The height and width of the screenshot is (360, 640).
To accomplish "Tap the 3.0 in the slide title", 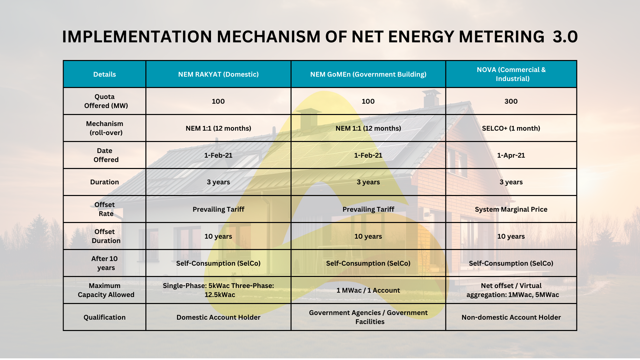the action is [x=565, y=37].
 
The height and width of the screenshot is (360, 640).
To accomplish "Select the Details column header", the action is [x=105, y=74].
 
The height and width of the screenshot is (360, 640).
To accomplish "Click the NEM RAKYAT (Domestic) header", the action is [x=218, y=74].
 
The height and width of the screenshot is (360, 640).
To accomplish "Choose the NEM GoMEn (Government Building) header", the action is [x=368, y=74].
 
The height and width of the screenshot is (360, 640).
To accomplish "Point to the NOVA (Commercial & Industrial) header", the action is [x=511, y=74].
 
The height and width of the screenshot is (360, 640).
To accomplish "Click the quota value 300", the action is [x=511, y=101].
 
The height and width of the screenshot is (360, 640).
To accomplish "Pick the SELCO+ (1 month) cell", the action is [x=511, y=128].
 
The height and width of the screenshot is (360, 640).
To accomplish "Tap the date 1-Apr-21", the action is [x=511, y=155].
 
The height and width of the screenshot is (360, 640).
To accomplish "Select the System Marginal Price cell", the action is [x=511, y=209].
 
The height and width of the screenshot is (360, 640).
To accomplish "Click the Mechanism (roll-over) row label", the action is [x=105, y=128].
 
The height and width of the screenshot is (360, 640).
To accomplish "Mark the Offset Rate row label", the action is [x=105, y=209].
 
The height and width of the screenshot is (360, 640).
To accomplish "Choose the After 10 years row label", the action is [x=105, y=263].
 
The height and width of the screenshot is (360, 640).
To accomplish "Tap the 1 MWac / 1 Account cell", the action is [x=368, y=290].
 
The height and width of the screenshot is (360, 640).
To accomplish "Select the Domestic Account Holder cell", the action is [x=218, y=317].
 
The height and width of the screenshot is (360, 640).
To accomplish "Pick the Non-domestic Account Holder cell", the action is [x=511, y=317].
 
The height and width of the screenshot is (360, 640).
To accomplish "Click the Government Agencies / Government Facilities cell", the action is [x=368, y=317].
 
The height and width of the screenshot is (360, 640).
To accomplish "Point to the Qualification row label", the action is [x=105, y=317].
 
